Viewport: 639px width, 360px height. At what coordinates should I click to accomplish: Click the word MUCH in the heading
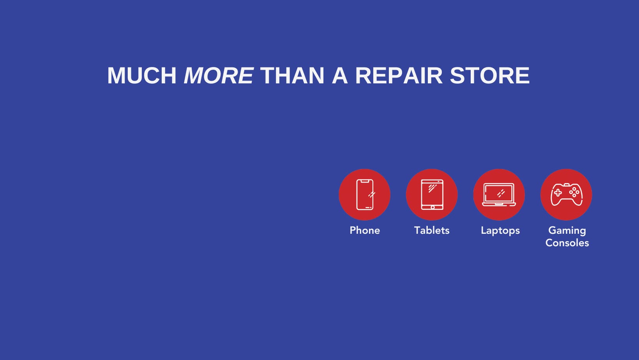click(142, 76)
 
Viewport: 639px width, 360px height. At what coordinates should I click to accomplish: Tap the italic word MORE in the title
click(219, 76)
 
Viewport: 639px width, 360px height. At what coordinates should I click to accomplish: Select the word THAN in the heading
click(292, 76)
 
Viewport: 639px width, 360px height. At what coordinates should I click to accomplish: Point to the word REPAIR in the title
click(399, 76)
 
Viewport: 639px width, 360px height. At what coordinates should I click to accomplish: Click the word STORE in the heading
click(489, 76)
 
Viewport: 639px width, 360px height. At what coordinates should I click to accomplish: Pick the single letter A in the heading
click(340, 76)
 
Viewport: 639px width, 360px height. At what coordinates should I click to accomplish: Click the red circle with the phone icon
click(365, 194)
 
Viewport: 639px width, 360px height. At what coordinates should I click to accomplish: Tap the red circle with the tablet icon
click(432, 194)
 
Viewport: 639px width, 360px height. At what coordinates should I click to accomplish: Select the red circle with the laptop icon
click(499, 194)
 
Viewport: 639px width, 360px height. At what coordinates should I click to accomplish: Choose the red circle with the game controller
click(566, 194)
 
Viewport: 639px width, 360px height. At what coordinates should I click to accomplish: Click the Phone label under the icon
click(365, 230)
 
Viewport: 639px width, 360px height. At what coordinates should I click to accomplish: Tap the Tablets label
click(432, 230)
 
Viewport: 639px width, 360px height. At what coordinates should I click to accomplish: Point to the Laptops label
click(500, 231)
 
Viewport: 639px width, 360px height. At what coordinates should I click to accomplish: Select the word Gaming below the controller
click(567, 231)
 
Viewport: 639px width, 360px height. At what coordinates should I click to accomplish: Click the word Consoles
click(567, 243)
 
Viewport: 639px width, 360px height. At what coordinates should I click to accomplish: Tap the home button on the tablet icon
click(432, 207)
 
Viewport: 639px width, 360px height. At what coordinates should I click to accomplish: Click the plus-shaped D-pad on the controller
click(558, 193)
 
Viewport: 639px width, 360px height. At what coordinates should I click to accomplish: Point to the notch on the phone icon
click(365, 181)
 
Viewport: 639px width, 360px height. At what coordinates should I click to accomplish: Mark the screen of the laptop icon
click(499, 193)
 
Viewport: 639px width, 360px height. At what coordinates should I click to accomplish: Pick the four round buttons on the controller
click(574, 192)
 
